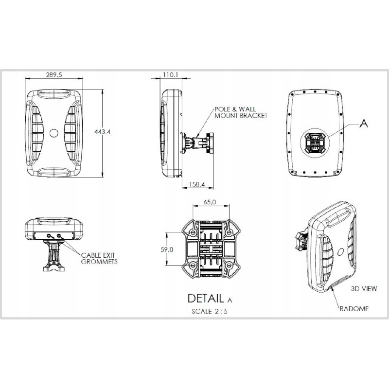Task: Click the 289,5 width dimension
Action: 54,74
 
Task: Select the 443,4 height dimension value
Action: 102,132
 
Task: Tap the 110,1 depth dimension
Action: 171,74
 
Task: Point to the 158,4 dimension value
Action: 197,184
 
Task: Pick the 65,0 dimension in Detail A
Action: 210,202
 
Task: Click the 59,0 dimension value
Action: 167,250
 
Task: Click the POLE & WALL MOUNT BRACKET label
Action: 241,112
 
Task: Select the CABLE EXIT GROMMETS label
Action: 99,258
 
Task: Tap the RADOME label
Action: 354,309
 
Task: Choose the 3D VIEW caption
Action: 364,288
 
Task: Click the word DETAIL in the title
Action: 206,299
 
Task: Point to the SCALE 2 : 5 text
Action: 210,311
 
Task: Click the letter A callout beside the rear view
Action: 364,124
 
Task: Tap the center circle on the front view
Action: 54,133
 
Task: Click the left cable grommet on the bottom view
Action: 50,235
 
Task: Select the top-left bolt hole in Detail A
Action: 193,233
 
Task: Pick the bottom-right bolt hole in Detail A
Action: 229,266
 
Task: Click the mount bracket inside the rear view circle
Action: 315,143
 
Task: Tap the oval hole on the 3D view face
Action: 341,252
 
